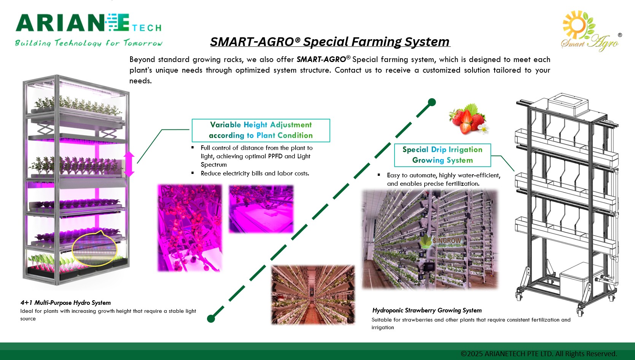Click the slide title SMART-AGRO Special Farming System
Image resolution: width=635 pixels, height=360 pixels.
pos(330,41)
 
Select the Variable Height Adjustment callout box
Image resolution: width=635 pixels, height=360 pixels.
pos(261,130)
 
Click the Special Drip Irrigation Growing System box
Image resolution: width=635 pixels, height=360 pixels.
pos(442,155)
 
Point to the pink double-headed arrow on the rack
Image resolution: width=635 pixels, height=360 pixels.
pos(129,164)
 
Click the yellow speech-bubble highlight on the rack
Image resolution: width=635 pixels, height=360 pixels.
pos(95,248)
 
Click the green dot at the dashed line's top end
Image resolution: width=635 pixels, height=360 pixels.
pos(432,102)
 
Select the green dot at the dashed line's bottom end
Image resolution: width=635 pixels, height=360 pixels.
pos(211,319)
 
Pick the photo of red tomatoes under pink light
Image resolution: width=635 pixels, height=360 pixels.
pos(189,228)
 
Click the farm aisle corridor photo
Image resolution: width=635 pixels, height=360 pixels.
pos(313,295)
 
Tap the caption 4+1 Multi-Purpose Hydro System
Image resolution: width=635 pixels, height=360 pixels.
pos(65,303)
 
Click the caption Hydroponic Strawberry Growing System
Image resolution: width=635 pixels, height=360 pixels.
pos(427,310)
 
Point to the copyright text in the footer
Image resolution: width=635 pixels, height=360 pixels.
pos(538,354)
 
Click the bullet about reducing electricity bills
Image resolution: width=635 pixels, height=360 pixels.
pos(255,174)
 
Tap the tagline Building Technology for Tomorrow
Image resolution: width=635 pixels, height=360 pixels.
pos(88,43)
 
